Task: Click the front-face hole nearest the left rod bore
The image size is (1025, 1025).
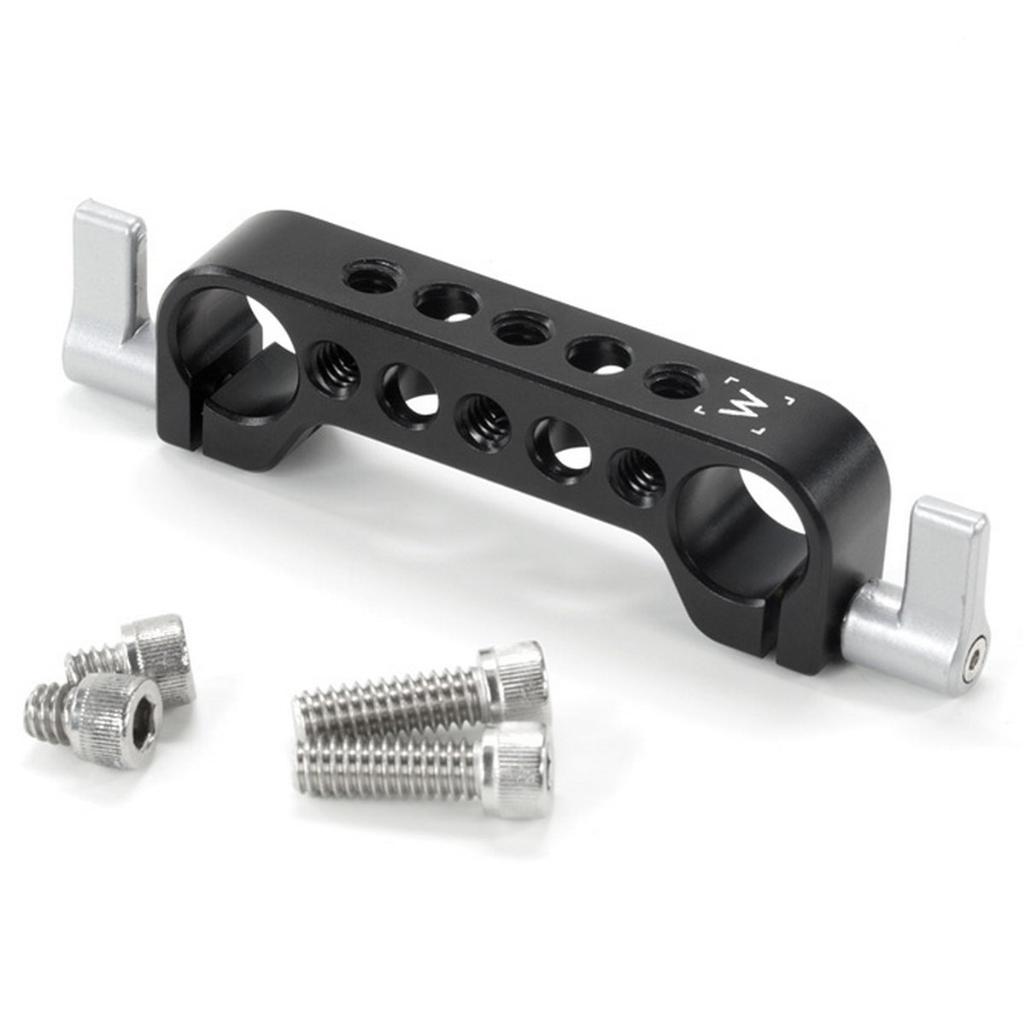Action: (x=335, y=364)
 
